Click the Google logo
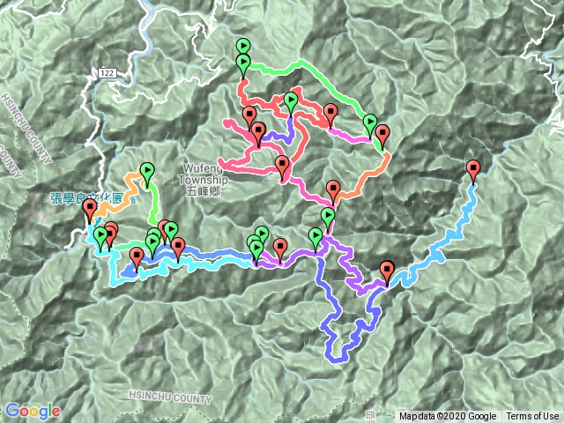[x=33, y=411]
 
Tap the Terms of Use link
[x=531, y=417]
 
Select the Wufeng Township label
[x=204, y=174]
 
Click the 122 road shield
[x=108, y=73]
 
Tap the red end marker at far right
[x=473, y=169]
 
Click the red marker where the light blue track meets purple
[x=388, y=270]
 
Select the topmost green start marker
[x=243, y=47]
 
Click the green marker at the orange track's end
[x=147, y=172]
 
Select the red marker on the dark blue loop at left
[x=137, y=256]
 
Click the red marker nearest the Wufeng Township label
[x=282, y=164]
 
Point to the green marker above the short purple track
[x=291, y=102]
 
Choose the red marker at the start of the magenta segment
[x=330, y=113]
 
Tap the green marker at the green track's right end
[x=370, y=122]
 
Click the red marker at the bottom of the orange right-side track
[x=333, y=189]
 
